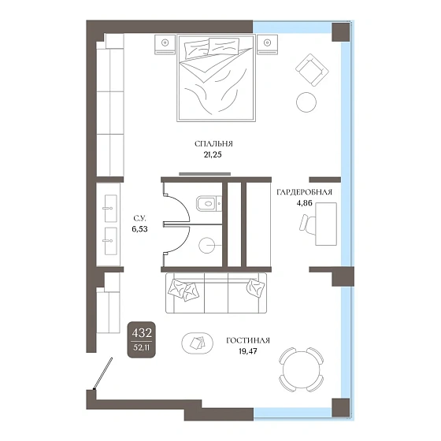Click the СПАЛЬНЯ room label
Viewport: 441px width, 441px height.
click(x=213, y=144)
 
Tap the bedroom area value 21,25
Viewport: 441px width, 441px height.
click(x=213, y=154)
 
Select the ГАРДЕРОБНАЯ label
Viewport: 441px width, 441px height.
click(x=304, y=192)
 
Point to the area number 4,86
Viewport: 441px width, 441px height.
click(x=304, y=203)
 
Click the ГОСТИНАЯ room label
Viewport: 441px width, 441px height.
click(x=248, y=340)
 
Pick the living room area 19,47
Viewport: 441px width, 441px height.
click(x=248, y=351)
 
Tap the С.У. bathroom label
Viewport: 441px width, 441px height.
click(x=140, y=218)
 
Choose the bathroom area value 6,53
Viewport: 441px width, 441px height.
click(x=140, y=229)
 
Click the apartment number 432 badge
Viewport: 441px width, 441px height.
click(x=142, y=339)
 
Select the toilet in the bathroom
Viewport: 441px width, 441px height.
click(x=209, y=203)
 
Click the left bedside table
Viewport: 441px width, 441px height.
click(x=165, y=44)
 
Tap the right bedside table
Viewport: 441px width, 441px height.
click(x=267, y=44)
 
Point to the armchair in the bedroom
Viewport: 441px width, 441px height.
click(x=312, y=70)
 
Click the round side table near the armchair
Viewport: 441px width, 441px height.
click(x=306, y=102)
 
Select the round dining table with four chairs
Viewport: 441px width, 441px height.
click(x=301, y=369)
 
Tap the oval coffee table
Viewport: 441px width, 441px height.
click(x=197, y=343)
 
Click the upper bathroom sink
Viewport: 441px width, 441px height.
click(x=110, y=209)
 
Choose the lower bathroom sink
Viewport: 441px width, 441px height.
click(x=110, y=241)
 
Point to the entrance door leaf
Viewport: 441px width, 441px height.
click(x=103, y=374)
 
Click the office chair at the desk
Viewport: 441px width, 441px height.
click(x=307, y=224)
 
